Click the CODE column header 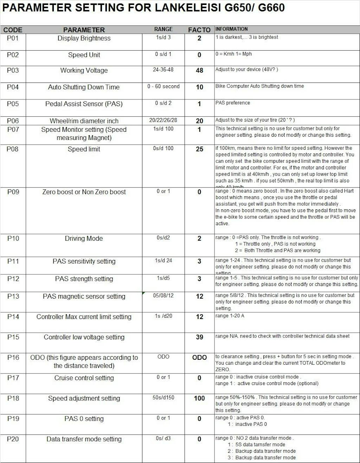pos(13,30)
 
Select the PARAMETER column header pos(84,30)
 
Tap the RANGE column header pos(163,29)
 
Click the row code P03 pos(13,70)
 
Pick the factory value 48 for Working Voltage pos(199,70)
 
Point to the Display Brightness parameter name pos(84,38)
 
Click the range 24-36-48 pos(163,70)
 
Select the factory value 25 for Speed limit pos(199,149)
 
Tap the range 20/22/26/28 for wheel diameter pos(163,120)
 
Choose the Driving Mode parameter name pos(84,239)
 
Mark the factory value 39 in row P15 pos(199,337)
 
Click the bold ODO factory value pos(199,358)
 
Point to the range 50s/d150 pos(163,398)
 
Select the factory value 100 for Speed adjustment pos(199,398)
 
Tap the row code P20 pos(13,439)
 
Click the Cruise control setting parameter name pos(84,378)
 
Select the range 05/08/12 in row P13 pos(163,295)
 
